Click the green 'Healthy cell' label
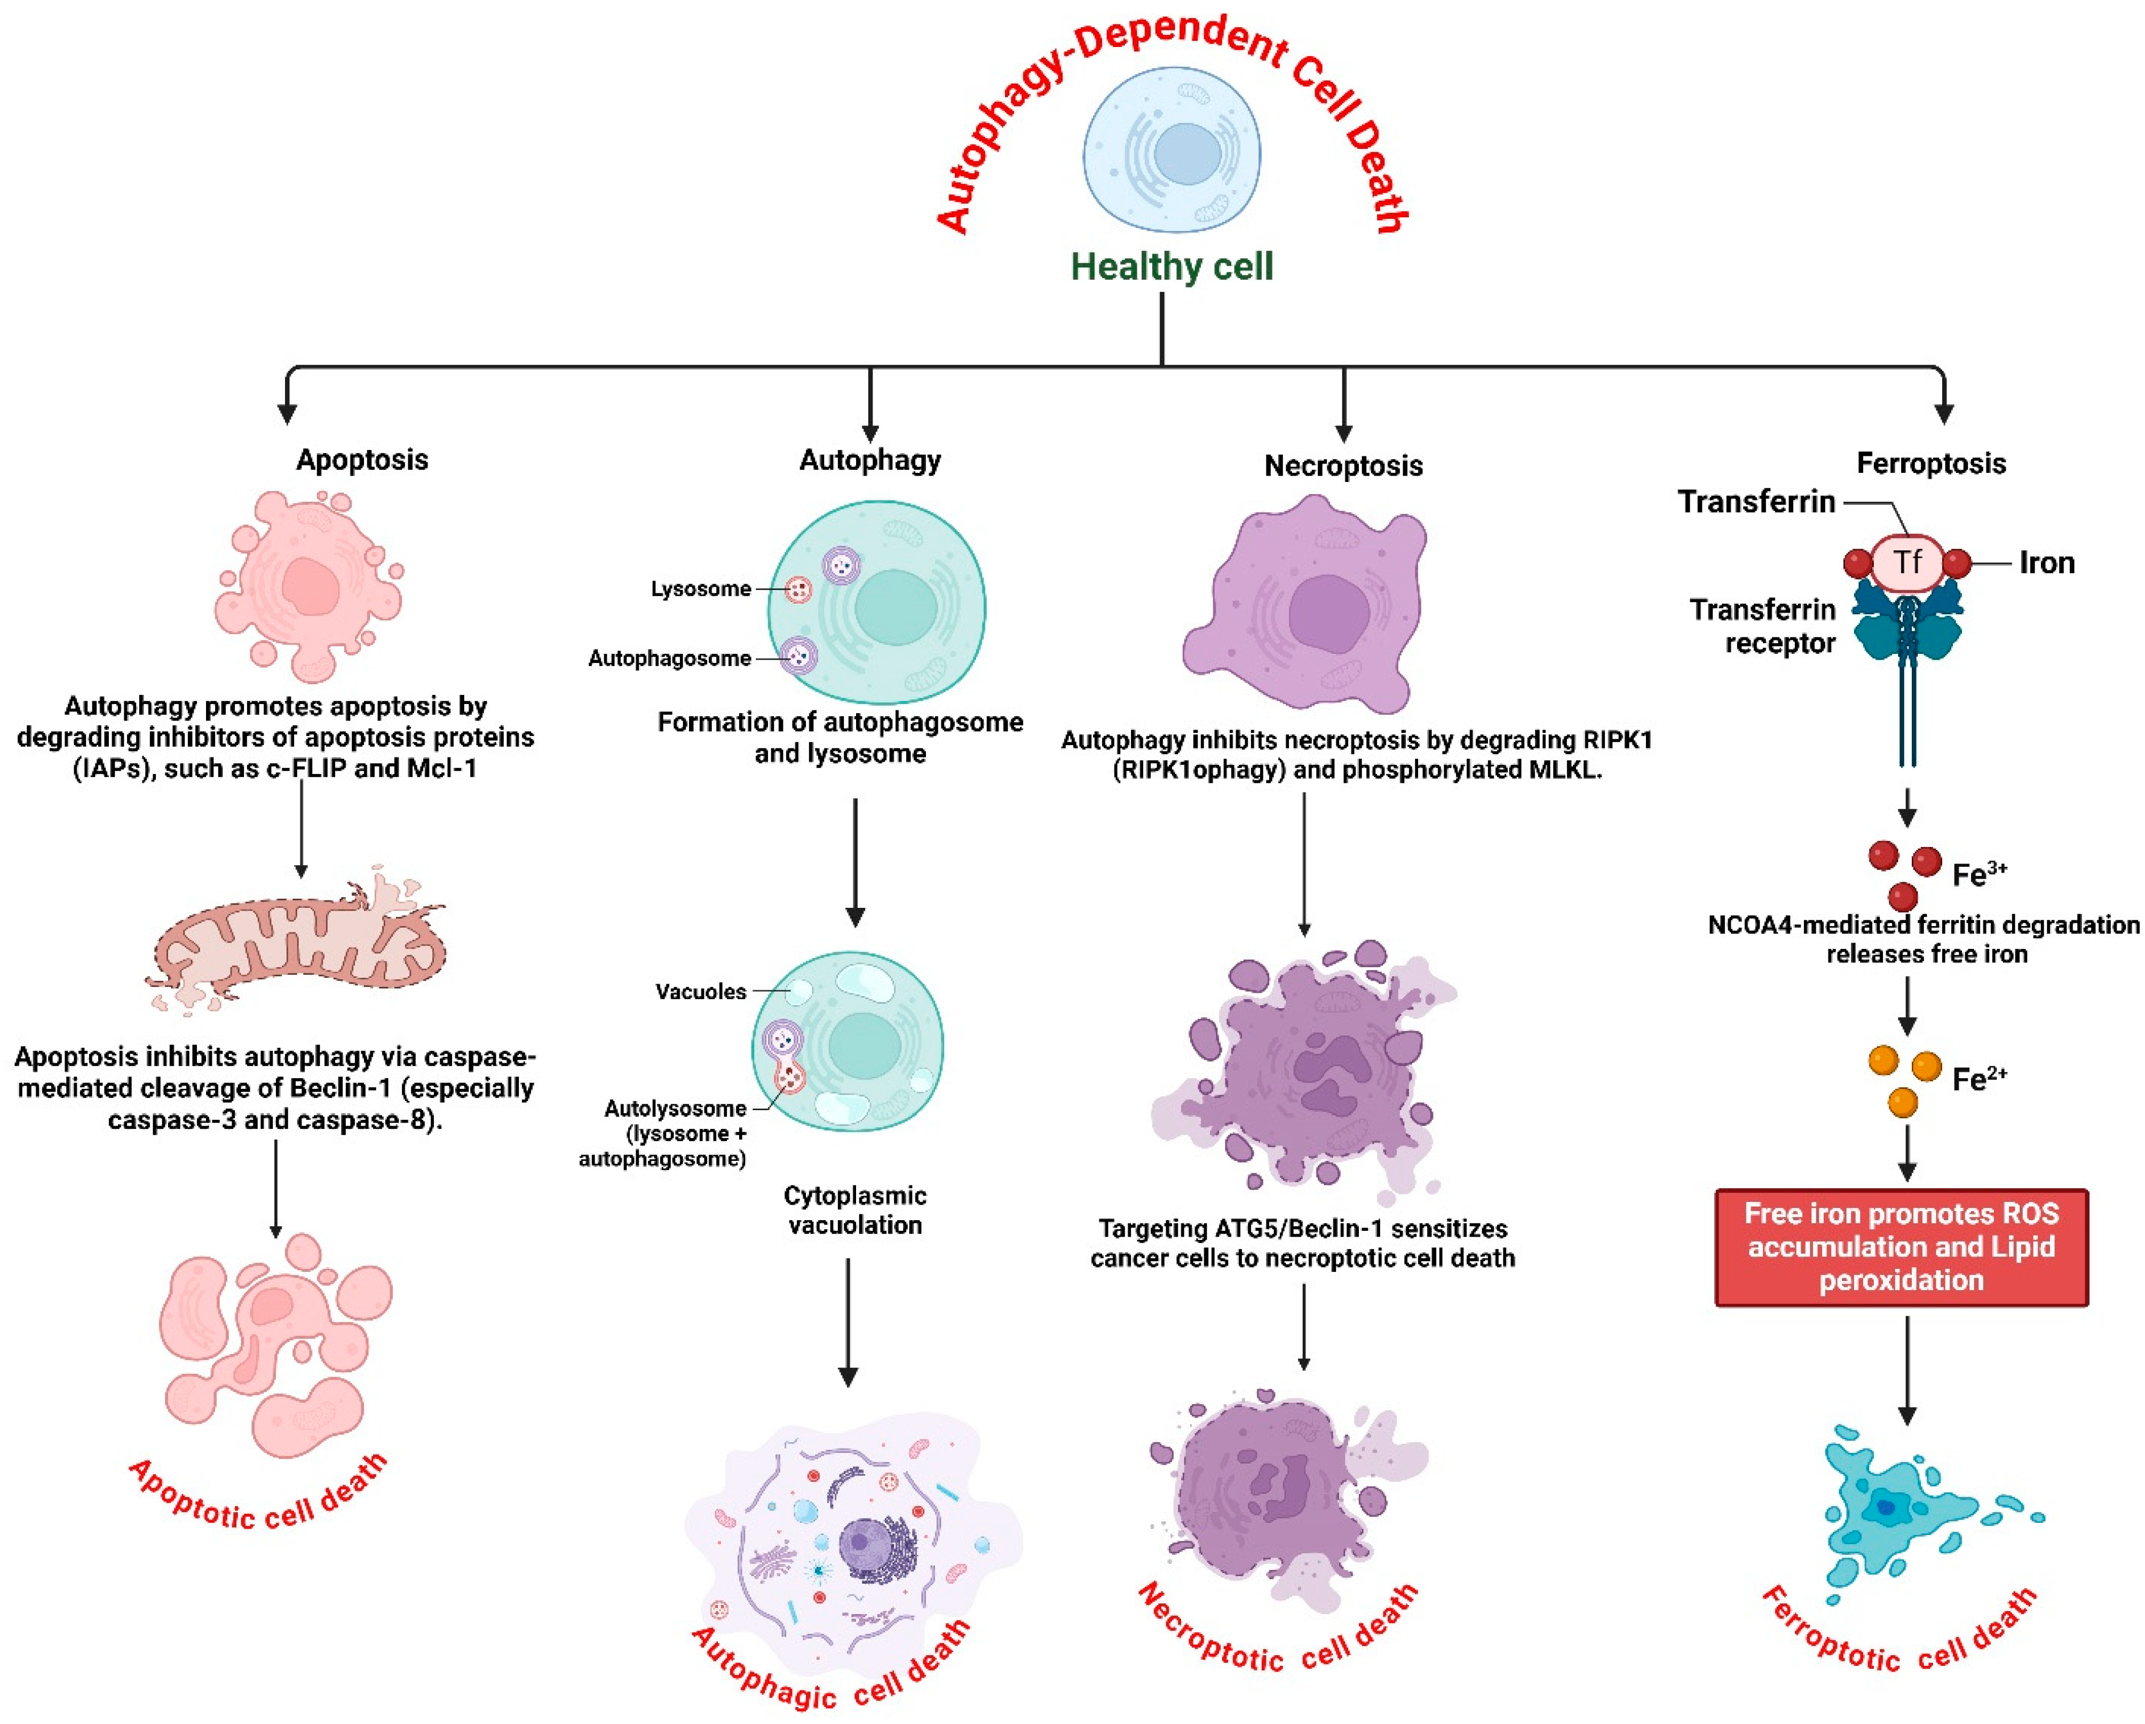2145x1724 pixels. pyautogui.click(x=1171, y=267)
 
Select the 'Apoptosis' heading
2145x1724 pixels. pyautogui.click(x=362, y=460)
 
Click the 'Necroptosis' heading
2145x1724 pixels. pyautogui.click(x=1343, y=465)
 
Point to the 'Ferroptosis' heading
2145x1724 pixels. pyautogui.click(x=1930, y=464)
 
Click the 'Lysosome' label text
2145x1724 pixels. pyautogui.click(x=700, y=589)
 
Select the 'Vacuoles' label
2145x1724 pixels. pyautogui.click(x=700, y=992)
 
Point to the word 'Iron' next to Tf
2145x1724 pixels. pyautogui.click(x=2046, y=563)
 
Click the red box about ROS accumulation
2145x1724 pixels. pyautogui.click(x=1901, y=1246)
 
